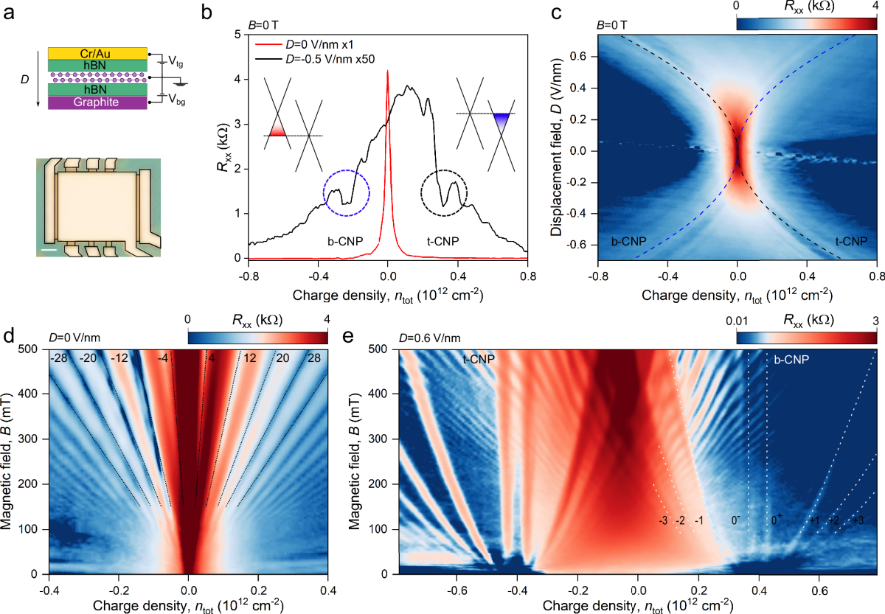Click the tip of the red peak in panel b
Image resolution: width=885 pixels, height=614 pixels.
click(388, 71)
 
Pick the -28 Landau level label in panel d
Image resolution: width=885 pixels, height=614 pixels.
click(59, 358)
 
